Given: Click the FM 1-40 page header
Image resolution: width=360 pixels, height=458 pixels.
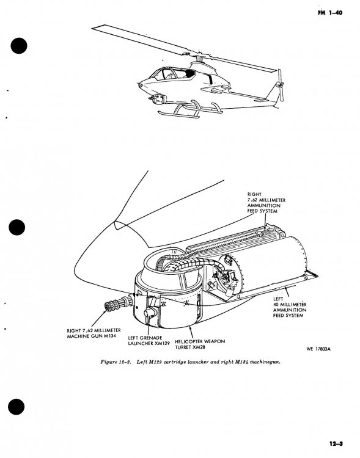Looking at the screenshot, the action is tap(329, 13).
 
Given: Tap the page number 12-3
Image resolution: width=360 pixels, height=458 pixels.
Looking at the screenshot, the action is tap(336, 444).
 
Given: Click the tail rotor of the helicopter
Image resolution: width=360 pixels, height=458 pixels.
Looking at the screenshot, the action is tap(280, 85).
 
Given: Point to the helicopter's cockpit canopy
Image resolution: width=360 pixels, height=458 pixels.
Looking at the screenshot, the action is tap(172, 73).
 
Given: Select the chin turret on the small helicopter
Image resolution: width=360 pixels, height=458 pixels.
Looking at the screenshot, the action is tap(156, 99).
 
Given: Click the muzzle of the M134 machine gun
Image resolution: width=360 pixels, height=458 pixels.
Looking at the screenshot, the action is tap(109, 307).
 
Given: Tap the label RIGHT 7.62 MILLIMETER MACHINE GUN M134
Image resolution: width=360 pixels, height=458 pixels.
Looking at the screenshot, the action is tap(94, 333).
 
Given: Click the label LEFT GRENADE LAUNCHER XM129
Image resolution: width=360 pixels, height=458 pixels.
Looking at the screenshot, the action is tap(149, 341).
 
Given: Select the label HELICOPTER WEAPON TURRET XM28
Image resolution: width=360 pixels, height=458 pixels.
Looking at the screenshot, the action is tap(200, 344).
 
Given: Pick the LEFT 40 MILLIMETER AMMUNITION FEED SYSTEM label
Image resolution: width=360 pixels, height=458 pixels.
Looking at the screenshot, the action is tap(290, 307).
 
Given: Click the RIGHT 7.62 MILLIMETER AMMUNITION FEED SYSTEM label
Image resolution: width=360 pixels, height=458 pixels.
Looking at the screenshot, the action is tap(266, 203).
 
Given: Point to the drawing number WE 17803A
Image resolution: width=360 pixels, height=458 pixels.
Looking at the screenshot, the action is tap(318, 349).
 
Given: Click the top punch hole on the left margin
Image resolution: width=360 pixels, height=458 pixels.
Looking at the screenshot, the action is tap(19, 46).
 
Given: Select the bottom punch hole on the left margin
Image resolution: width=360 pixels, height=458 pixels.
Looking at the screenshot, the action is tap(17, 407).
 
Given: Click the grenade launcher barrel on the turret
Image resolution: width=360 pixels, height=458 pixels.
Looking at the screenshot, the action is tap(150, 312).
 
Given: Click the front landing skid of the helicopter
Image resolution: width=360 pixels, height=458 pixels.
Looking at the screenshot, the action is tap(178, 114).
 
